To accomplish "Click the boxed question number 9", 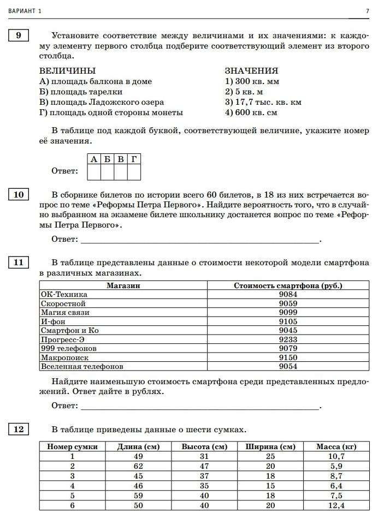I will pyautogui.click(x=19, y=36).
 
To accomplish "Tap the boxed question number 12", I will pyautogui.click(x=19, y=429).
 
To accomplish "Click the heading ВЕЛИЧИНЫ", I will pyautogui.click(x=67, y=71).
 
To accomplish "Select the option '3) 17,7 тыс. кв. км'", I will pyautogui.click(x=263, y=102).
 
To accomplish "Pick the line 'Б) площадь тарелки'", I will pyautogui.click(x=81, y=92).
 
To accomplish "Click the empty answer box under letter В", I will pyautogui.click(x=121, y=172).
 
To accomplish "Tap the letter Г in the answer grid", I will pyautogui.click(x=134, y=159).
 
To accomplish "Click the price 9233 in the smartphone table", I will pyautogui.click(x=288, y=339).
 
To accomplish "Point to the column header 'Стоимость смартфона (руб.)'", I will pyautogui.click(x=288, y=285).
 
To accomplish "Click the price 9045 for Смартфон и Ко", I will pyautogui.click(x=288, y=330).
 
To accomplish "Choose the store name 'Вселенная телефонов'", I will pyautogui.click(x=82, y=366).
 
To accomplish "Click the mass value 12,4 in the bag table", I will pyautogui.click(x=336, y=505).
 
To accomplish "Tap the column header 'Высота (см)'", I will pyautogui.click(x=204, y=446).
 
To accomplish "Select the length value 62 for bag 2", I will pyautogui.click(x=138, y=466).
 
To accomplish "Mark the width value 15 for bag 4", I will pyautogui.click(x=270, y=486).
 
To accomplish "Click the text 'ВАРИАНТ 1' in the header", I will pyautogui.click(x=24, y=11).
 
